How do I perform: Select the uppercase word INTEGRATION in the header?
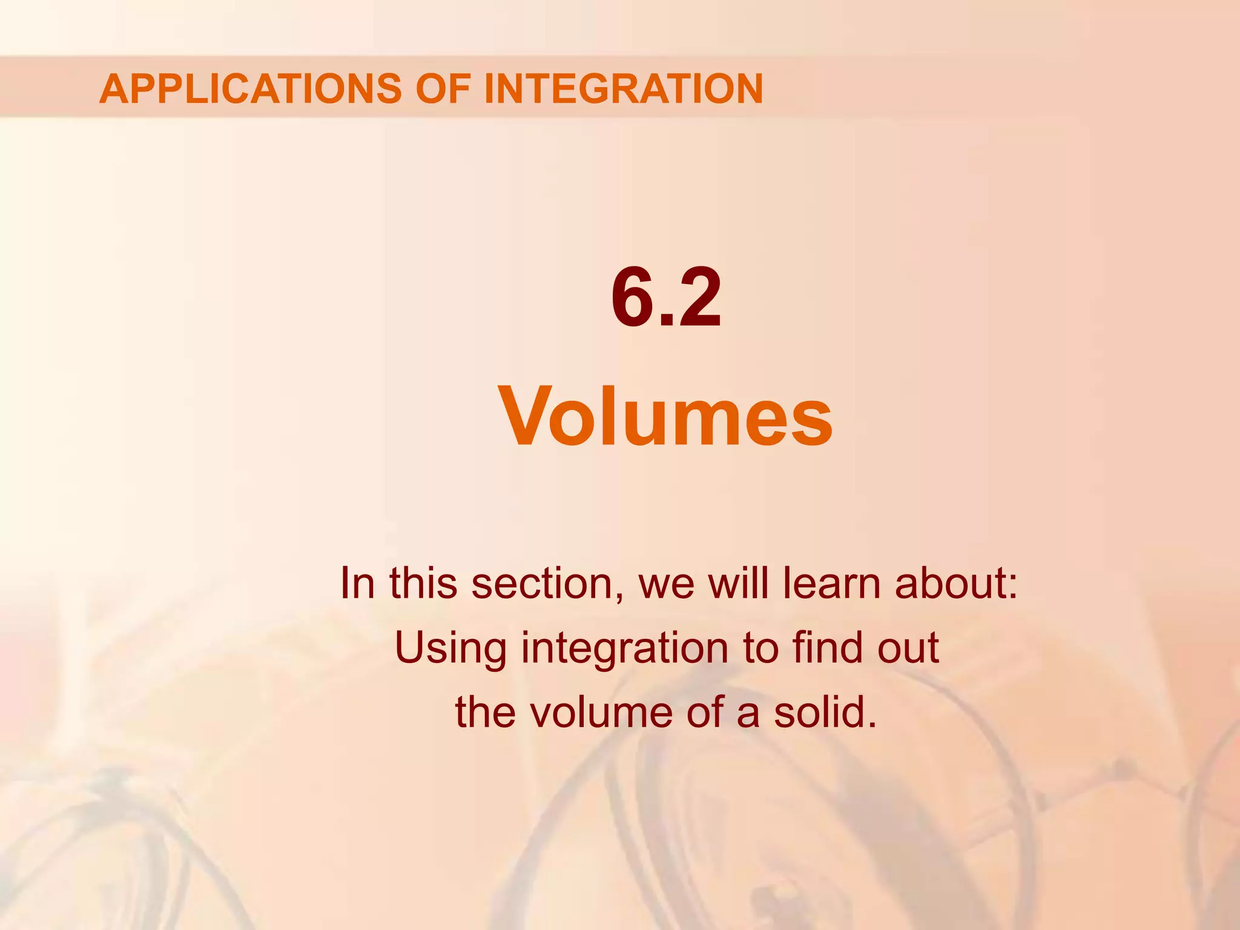pyautogui.click(x=623, y=88)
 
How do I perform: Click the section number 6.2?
pyautogui.click(x=666, y=298)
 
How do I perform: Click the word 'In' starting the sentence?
pyautogui.click(x=357, y=583)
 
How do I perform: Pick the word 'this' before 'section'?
pyautogui.click(x=423, y=583)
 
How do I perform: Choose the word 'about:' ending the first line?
pyautogui.click(x=957, y=583)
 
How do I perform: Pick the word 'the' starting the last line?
pyautogui.click(x=485, y=712)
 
